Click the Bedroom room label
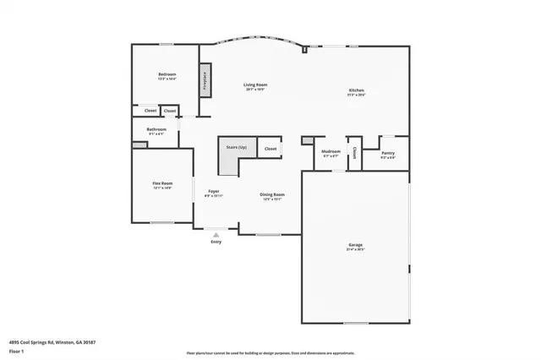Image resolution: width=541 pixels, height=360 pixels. (x=167, y=75)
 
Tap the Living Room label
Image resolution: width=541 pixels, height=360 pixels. (x=255, y=85)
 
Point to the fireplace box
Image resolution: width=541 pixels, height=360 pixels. (x=205, y=79)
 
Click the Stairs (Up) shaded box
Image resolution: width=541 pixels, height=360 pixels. (x=236, y=149)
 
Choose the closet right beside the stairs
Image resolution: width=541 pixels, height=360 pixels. (x=270, y=149)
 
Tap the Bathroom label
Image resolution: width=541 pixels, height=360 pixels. (x=157, y=129)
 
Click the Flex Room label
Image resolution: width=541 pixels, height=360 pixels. (x=162, y=183)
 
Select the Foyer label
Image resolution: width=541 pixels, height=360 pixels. (x=214, y=192)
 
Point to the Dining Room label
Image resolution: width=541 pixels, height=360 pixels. (x=272, y=194)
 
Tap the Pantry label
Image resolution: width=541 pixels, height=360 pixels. (x=388, y=154)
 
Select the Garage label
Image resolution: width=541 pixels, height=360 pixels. (x=355, y=245)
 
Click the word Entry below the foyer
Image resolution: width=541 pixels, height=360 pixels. (x=216, y=242)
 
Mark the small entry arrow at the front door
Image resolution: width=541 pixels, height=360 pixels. (x=216, y=234)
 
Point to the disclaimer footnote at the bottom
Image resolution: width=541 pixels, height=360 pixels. (x=270, y=353)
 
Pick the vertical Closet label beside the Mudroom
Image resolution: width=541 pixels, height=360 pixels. (x=354, y=153)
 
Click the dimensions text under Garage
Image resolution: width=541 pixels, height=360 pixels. (x=355, y=250)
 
